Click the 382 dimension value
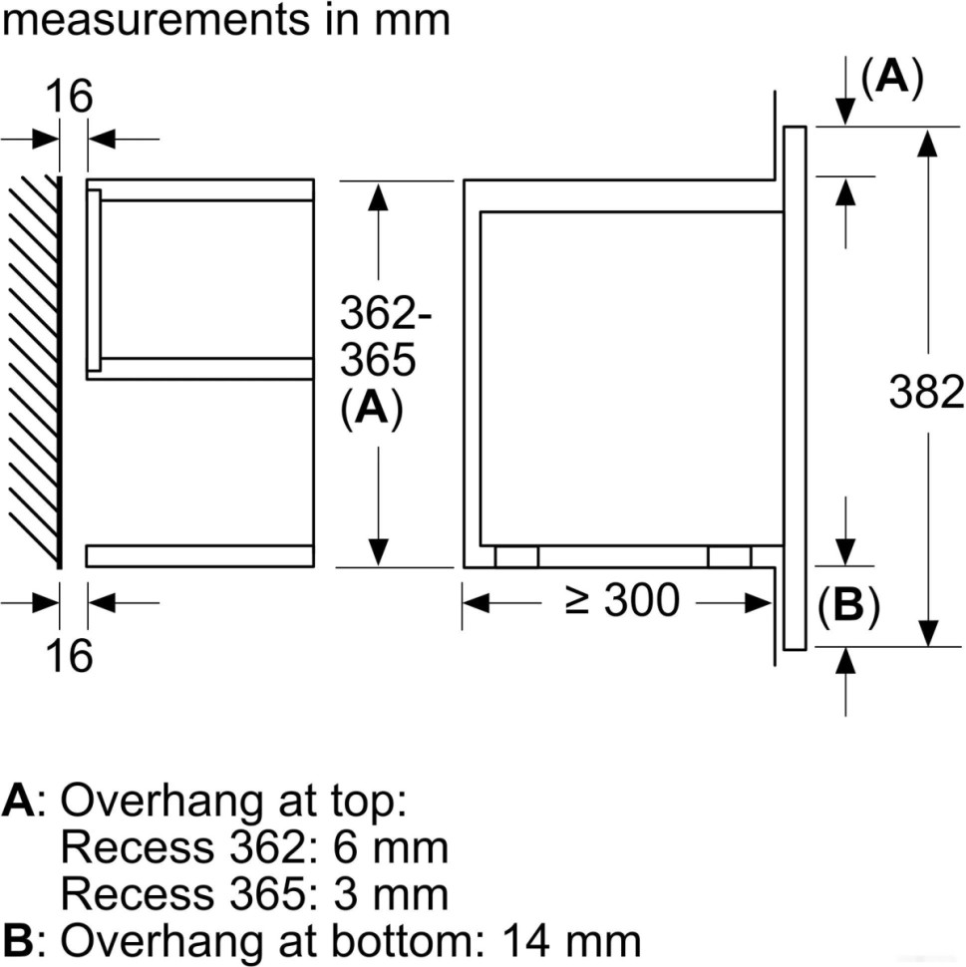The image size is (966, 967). (x=926, y=393)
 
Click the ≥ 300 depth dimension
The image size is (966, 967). (x=622, y=601)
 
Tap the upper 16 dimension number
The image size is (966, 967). (x=69, y=97)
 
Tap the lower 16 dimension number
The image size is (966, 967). (x=69, y=655)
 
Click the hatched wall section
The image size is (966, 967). (x=34, y=369)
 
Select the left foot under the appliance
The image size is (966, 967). (x=516, y=557)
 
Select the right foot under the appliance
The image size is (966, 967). (x=730, y=557)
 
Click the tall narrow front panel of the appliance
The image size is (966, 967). (x=795, y=388)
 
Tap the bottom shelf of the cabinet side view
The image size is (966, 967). (x=199, y=555)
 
